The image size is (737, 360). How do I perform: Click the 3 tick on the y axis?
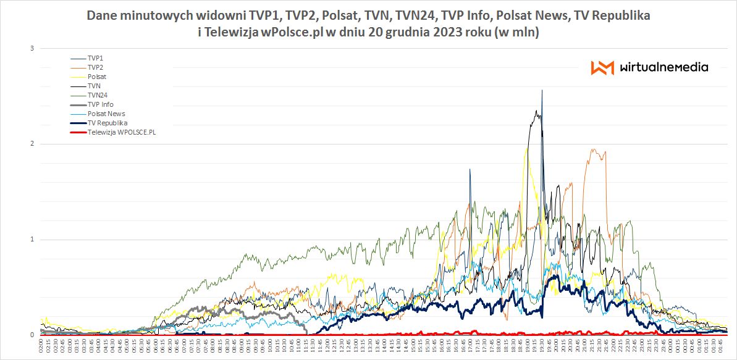point(32,48)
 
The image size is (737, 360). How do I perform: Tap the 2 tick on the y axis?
point(32,144)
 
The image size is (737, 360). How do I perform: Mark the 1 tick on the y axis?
point(32,240)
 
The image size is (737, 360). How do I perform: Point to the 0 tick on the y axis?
point(32,335)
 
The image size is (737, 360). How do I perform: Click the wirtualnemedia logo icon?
point(602,67)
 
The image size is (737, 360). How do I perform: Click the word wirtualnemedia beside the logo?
point(663,67)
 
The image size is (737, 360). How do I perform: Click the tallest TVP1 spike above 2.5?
point(542,91)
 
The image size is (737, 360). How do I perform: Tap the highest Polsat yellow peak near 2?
point(526,148)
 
